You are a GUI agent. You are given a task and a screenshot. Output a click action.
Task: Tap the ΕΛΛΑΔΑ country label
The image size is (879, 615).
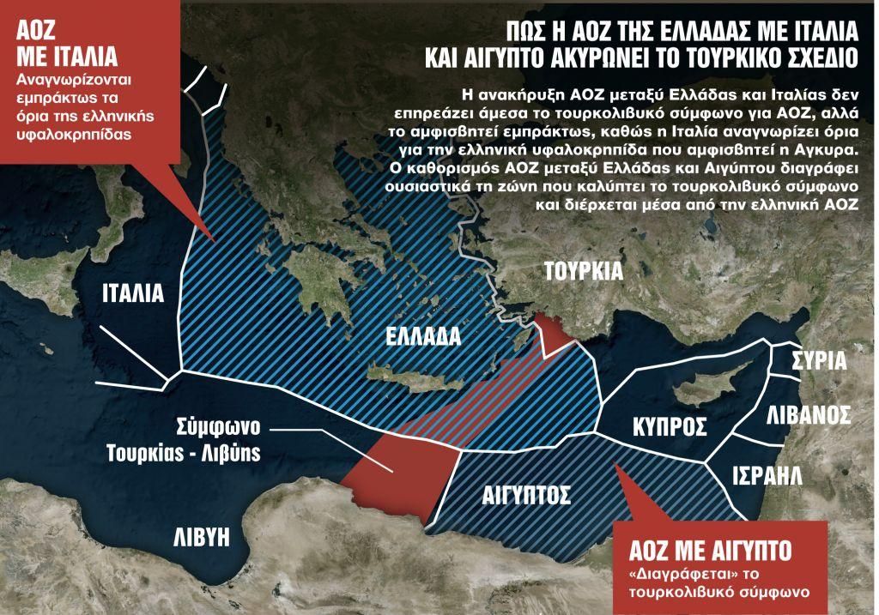click(x=421, y=335)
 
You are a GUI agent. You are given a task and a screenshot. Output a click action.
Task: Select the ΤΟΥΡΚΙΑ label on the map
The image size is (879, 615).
click(x=583, y=272)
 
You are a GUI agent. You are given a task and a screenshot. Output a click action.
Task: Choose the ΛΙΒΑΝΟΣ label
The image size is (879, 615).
click(x=807, y=414)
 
